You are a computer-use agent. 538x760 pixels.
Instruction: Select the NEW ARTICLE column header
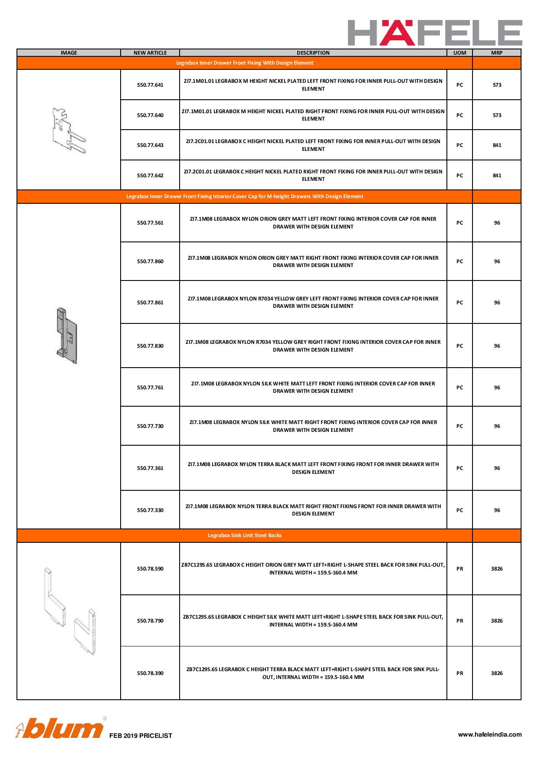[x=150, y=53]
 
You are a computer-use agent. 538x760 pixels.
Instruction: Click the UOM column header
[x=459, y=53]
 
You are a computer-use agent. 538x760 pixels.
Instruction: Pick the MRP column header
[x=497, y=53]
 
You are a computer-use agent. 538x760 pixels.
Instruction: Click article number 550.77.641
[x=150, y=85]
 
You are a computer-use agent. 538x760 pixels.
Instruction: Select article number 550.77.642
[x=150, y=176]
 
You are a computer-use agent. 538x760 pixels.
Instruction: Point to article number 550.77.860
[x=150, y=261]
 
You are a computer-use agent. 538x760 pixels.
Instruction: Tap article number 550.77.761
[x=150, y=388]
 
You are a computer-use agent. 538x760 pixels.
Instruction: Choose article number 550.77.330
[x=150, y=510]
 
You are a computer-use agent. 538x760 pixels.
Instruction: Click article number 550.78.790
[x=150, y=621]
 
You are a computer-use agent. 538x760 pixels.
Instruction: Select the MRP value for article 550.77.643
[x=497, y=145]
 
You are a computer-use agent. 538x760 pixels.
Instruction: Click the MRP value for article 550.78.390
[x=497, y=673]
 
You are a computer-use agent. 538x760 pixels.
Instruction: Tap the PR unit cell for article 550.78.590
[x=459, y=569]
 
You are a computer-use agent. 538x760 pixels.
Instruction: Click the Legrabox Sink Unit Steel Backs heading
[x=245, y=535]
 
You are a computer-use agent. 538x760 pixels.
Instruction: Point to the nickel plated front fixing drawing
[x=69, y=130]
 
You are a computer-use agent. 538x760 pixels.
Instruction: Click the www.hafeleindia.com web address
[x=490, y=734]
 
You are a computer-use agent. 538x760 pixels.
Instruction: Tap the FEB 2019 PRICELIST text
[x=141, y=736]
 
